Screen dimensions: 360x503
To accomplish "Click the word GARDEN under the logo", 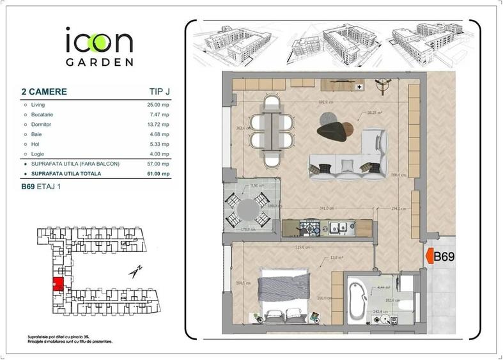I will coord(99,63).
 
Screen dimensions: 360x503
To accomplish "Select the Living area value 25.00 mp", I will coord(159,104).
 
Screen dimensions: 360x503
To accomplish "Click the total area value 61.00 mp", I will coord(157,173).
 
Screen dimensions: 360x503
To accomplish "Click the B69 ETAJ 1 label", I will coord(43,187).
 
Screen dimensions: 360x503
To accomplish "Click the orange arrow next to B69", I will coord(428,257).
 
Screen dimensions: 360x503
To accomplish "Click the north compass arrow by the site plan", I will coord(135,272).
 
